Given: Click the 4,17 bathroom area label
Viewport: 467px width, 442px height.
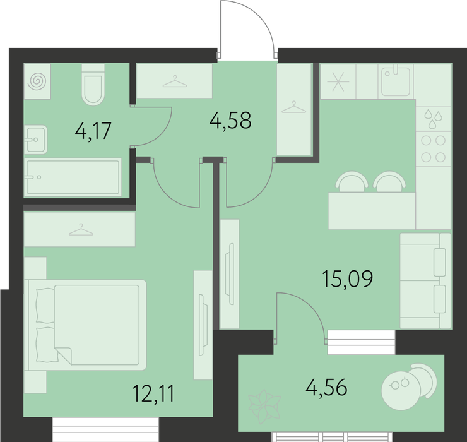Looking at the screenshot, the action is pyautogui.click(x=93, y=131).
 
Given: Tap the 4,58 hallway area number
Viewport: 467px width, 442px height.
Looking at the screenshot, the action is pyautogui.click(x=230, y=120).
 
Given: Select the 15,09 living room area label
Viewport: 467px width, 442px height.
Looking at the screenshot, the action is pyautogui.click(x=348, y=278).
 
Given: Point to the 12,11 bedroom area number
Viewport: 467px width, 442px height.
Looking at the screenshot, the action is pyautogui.click(x=153, y=393).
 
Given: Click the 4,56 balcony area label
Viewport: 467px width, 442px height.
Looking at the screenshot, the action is pyautogui.click(x=327, y=387).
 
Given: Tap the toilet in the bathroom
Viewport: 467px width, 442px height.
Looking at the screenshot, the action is pyautogui.click(x=93, y=85).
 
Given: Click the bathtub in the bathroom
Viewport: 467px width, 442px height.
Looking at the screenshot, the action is pyautogui.click(x=73, y=177).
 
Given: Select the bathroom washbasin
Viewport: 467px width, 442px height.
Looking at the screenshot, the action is pyautogui.click(x=35, y=140).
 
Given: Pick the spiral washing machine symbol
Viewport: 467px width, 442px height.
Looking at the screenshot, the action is pyautogui.click(x=37, y=81).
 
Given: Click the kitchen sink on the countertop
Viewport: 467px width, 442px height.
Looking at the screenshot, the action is pyautogui.click(x=396, y=81).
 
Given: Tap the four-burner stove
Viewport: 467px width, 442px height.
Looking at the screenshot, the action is pyautogui.click(x=434, y=149).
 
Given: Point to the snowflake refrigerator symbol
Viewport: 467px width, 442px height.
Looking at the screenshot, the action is pyautogui.click(x=338, y=81).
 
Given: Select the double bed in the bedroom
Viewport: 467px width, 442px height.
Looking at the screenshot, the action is pyautogui.click(x=85, y=325).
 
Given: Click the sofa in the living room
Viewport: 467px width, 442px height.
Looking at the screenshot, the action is pyautogui.click(x=425, y=281).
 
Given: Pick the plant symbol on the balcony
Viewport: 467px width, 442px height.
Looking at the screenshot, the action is pyautogui.click(x=264, y=407).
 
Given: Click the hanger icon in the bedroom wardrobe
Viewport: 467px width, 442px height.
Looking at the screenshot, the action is pyautogui.click(x=81, y=230).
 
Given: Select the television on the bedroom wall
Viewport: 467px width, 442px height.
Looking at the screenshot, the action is pyautogui.click(x=203, y=325).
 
